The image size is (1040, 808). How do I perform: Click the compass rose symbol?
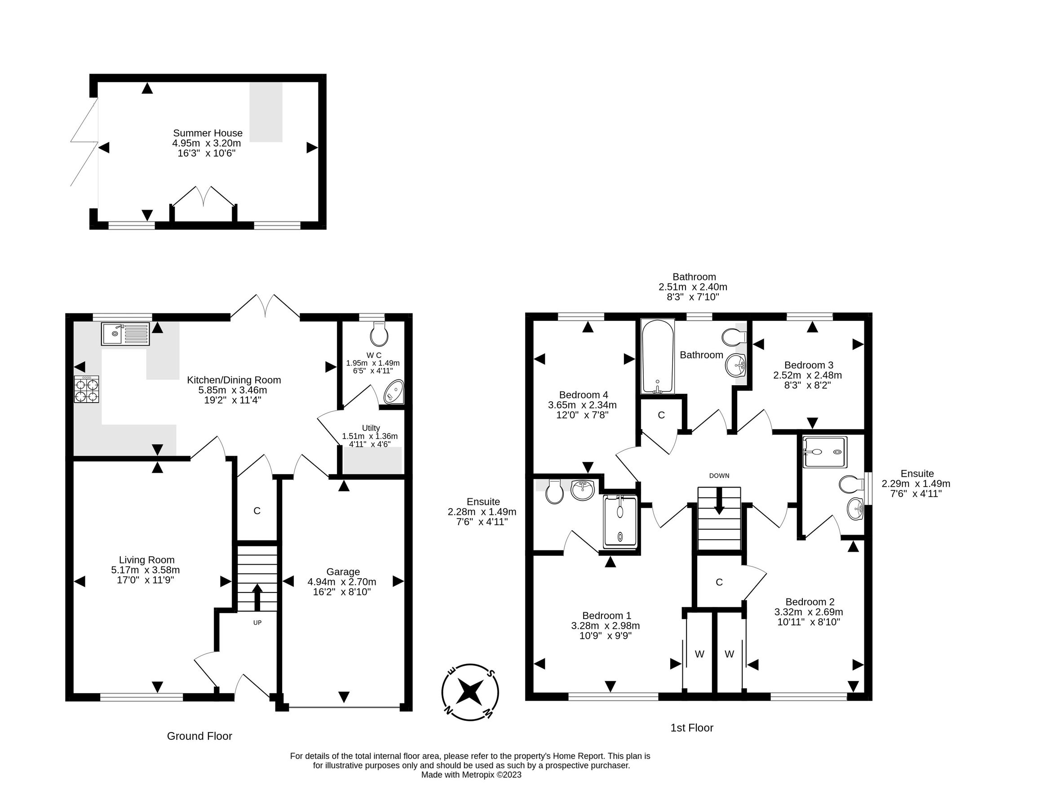coord(470,692)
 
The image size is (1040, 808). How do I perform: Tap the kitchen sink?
coord(125,334)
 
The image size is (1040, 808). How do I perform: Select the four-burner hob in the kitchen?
coord(87,389)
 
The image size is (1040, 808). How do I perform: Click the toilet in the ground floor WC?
coord(379,334)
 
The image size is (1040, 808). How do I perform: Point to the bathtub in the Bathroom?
coord(658,356)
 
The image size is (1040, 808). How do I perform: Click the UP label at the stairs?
coord(257,623)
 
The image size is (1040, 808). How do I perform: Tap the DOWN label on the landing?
coord(719,475)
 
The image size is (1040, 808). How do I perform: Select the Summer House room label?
coord(208,133)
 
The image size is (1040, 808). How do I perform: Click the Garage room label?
coord(343,571)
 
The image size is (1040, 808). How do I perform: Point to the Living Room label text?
coord(146,560)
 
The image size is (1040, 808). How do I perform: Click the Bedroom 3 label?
coord(809,365)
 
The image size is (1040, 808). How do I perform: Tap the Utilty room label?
coord(371,428)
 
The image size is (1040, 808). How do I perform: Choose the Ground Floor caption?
coord(199,736)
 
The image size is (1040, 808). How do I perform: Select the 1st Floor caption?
coord(692,728)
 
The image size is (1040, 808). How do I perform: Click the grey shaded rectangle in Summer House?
coord(266,112)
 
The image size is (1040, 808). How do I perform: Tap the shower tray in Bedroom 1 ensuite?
coord(620,522)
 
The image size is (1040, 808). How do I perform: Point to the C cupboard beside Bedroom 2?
coord(719,582)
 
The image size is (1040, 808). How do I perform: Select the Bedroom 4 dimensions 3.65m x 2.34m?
coord(582,405)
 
